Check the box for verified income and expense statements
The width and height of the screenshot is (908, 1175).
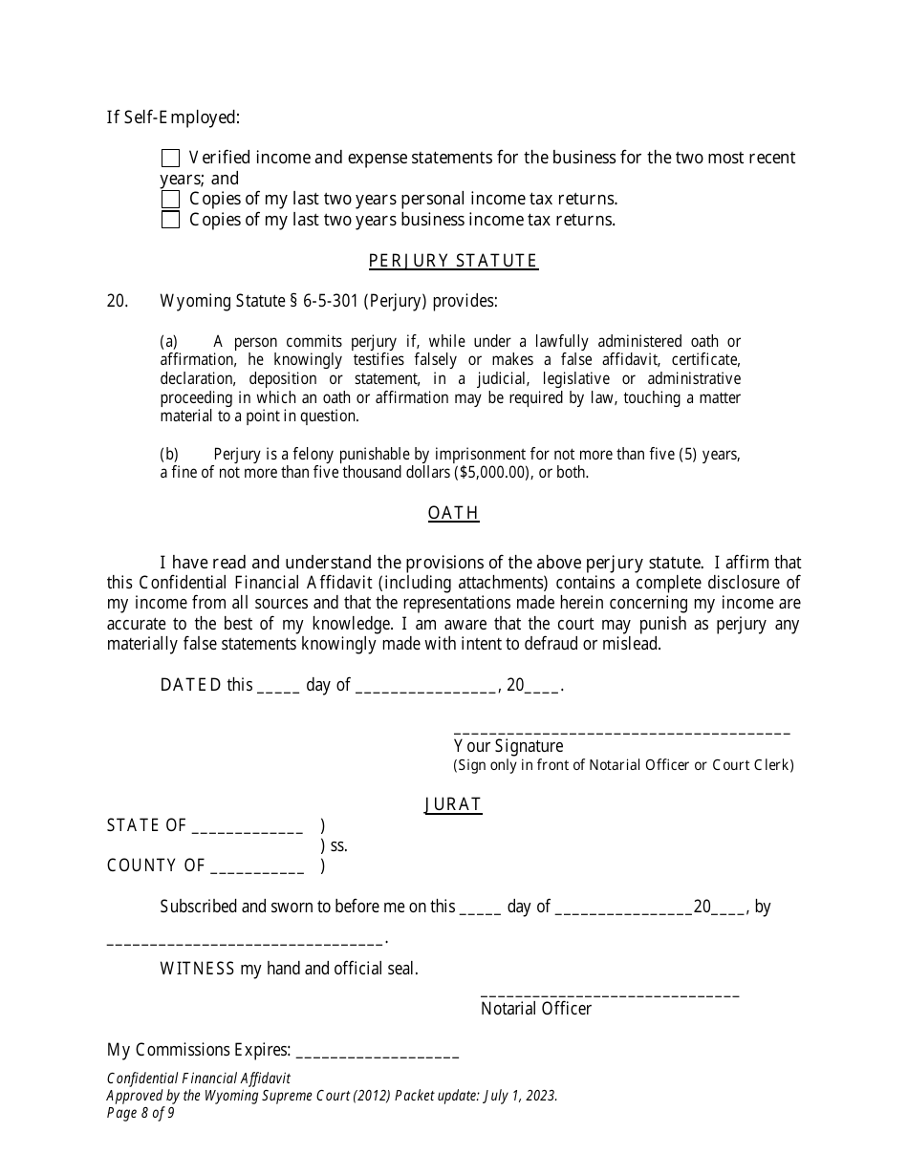(170, 158)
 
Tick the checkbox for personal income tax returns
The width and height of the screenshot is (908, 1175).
(170, 199)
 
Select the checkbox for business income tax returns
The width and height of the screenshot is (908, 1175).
(170, 220)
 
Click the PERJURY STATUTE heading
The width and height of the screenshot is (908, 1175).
(453, 261)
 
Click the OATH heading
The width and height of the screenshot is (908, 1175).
(453, 513)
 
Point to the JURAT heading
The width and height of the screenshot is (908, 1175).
(453, 804)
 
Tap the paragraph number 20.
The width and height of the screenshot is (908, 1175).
(118, 301)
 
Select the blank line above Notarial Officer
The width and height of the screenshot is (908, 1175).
(610, 995)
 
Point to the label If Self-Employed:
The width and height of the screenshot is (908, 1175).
(173, 117)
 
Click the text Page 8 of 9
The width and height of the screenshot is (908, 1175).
(141, 1113)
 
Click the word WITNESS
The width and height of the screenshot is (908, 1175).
(197, 969)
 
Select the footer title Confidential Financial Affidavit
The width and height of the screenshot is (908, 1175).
(198, 1078)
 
